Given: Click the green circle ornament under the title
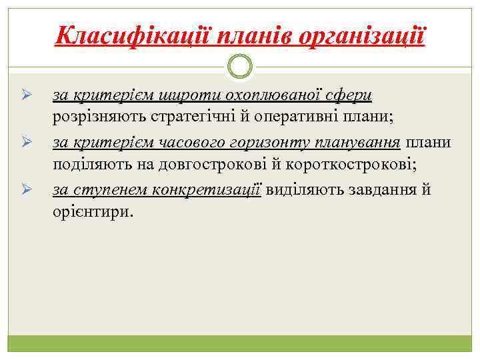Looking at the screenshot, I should tap(240, 66).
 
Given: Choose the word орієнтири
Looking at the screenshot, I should tap(93, 212).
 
